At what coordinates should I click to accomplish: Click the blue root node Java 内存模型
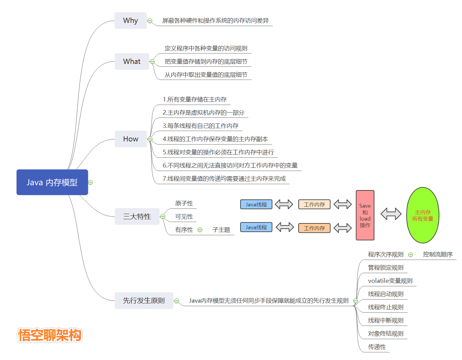tap(52, 182)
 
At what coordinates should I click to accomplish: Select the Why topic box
tap(130, 21)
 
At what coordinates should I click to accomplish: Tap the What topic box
tap(132, 62)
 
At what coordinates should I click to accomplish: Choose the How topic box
tap(131, 139)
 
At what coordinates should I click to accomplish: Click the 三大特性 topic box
tap(137, 216)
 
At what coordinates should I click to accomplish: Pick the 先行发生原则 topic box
tap(144, 301)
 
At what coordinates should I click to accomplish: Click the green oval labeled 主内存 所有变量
tap(423, 215)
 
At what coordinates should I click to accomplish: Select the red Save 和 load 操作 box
tap(365, 215)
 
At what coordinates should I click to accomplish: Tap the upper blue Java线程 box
tap(256, 204)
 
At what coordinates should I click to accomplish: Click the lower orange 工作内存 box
tap(314, 228)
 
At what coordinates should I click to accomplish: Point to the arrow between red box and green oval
tap(391, 214)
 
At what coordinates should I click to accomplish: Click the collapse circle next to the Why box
tap(150, 21)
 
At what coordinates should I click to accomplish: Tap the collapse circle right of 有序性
tap(200, 230)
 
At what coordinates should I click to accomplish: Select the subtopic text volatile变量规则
tap(390, 281)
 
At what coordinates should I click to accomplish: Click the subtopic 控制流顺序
tap(438, 254)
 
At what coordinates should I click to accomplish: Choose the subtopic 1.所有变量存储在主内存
tap(195, 99)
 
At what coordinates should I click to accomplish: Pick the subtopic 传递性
tap(377, 347)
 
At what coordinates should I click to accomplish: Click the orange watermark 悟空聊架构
tap(50, 335)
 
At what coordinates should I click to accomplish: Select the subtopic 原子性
tap(184, 203)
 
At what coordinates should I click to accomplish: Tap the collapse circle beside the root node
tap(90, 182)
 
